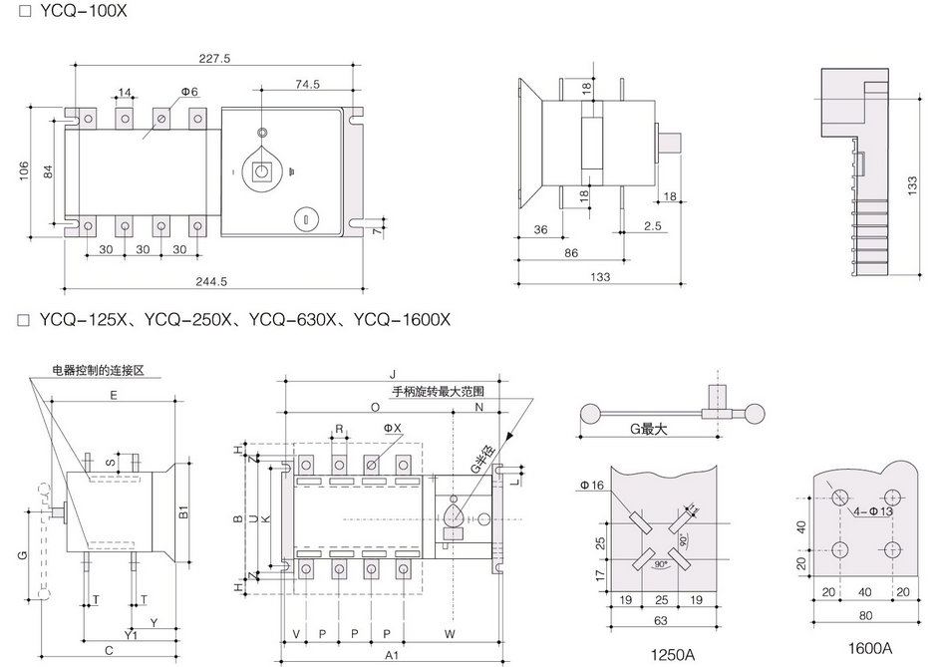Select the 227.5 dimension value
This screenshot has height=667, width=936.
point(214,59)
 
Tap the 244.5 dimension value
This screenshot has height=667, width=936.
point(214,280)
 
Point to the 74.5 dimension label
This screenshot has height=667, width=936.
point(307,85)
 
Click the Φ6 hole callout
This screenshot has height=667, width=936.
point(188,92)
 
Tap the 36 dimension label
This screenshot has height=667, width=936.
point(540,229)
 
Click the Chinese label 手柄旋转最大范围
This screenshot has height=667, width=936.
point(440,391)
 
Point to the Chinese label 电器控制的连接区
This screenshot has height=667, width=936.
point(100,371)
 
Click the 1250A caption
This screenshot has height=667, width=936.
point(673,655)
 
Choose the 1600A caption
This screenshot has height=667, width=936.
point(872,647)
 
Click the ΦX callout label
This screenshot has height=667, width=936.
point(391,428)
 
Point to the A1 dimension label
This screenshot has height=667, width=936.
point(392,655)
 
